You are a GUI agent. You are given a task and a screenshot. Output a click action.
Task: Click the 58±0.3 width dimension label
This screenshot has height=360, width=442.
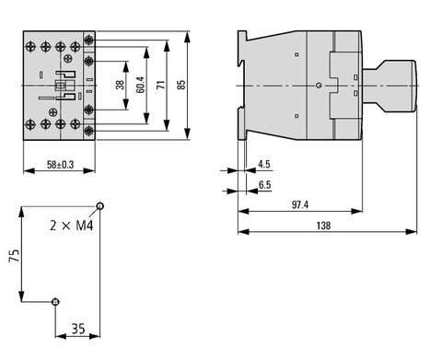point(61,165)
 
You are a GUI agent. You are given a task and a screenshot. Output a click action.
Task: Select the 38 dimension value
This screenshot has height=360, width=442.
point(120,85)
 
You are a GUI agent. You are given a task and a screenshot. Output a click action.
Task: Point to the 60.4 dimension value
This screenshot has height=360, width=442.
point(140,85)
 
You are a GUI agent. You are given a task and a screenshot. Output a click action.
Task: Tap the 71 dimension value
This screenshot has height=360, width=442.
point(161,85)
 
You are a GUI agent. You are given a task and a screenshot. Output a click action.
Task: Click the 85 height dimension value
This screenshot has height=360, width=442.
point(181,85)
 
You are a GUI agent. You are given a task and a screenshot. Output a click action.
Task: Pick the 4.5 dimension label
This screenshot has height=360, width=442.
point(264,165)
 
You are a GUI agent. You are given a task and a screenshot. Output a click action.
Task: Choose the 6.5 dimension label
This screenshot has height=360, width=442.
point(264,185)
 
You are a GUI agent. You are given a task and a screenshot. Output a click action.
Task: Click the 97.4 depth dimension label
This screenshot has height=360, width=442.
point(300,204)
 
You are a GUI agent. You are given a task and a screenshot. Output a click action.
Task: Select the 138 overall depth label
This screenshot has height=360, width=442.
point(323,226)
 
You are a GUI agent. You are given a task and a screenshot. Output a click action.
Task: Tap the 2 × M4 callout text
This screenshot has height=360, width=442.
point(72,226)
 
